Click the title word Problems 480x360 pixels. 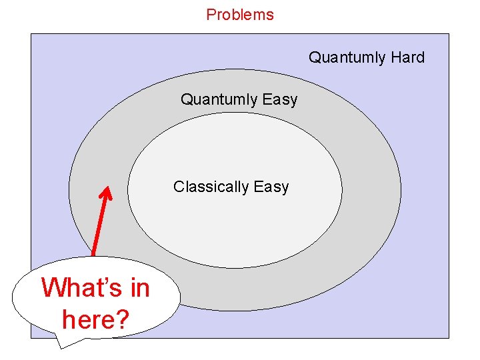[x=240, y=15]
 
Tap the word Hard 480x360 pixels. [x=407, y=57]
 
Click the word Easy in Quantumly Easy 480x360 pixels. [x=280, y=100]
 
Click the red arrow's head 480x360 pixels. [x=105, y=193]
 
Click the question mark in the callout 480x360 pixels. [x=121, y=319]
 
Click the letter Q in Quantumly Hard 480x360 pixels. [x=314, y=57]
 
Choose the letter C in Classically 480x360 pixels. [x=179, y=187]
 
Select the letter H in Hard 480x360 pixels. [x=396, y=57]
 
